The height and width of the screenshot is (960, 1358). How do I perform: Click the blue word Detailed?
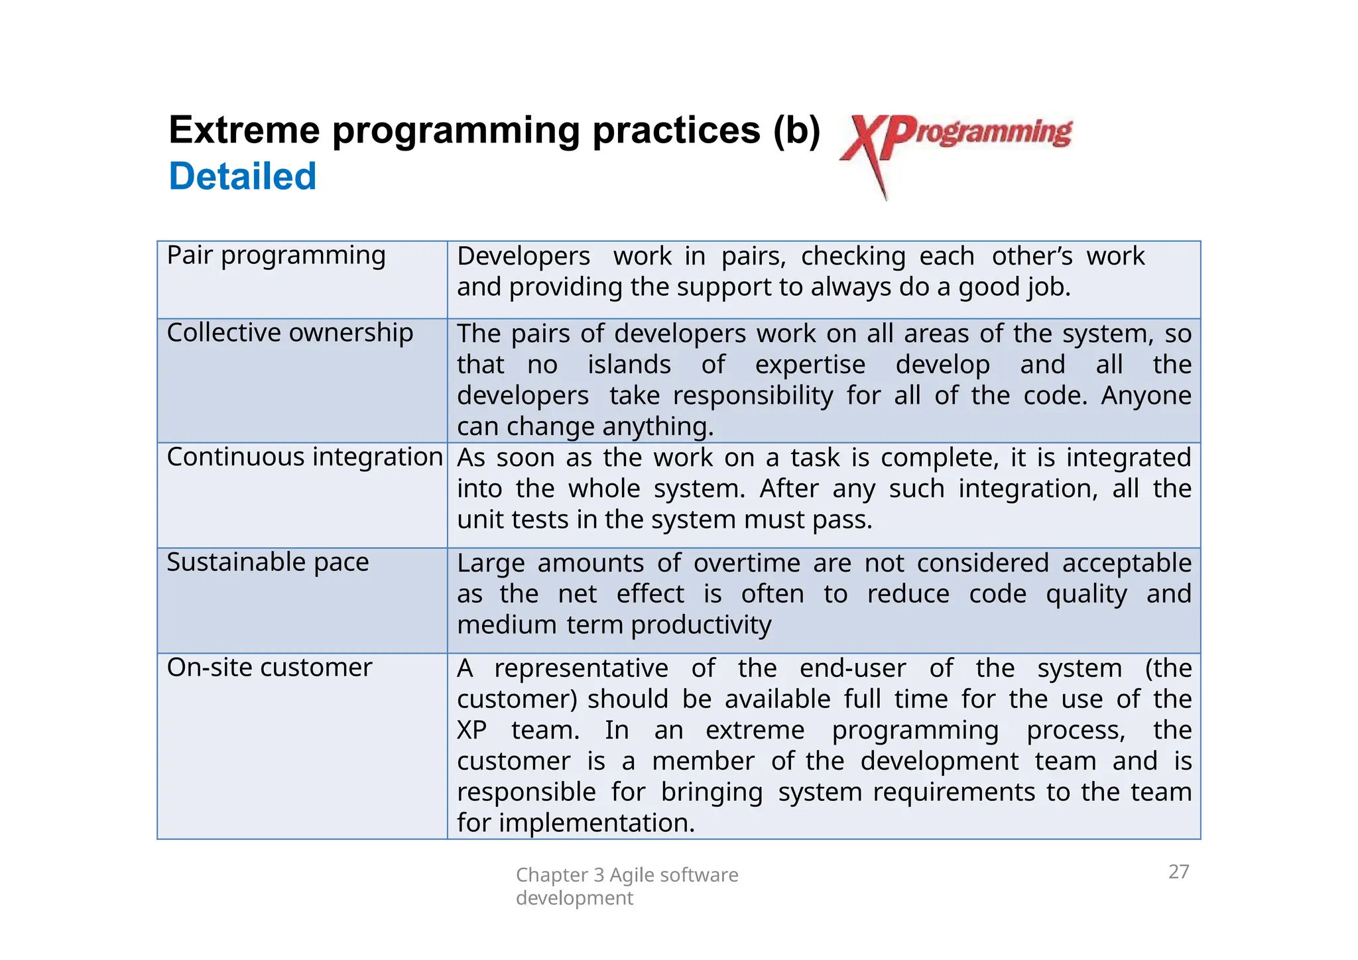pyautogui.click(x=243, y=176)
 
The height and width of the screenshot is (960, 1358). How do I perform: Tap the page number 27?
pyautogui.click(x=1178, y=871)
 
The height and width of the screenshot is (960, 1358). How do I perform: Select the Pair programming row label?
pyautogui.click(x=276, y=255)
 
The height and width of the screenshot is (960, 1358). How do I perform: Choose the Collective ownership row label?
pyautogui.click(x=290, y=333)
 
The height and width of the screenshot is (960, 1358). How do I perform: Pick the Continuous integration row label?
pyautogui.click(x=304, y=457)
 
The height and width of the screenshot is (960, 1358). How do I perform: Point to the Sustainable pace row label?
pyautogui.click(x=267, y=562)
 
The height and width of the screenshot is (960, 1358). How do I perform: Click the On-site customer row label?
pyautogui.click(x=269, y=668)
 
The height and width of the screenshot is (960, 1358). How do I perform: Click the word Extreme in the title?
pyautogui.click(x=245, y=130)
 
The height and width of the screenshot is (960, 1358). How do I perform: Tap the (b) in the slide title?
pyautogui.click(x=796, y=130)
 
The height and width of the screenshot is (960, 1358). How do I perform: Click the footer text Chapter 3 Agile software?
pyautogui.click(x=627, y=875)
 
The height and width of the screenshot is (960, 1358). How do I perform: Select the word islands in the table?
pyautogui.click(x=629, y=365)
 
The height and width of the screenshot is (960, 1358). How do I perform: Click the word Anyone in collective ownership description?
pyautogui.click(x=1146, y=396)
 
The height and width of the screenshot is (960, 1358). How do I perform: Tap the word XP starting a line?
pyautogui.click(x=471, y=731)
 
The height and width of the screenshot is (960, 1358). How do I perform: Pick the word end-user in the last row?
pyautogui.click(x=852, y=668)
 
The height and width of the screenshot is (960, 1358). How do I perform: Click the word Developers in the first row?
pyautogui.click(x=523, y=257)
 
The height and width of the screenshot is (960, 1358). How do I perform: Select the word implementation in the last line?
pyautogui.click(x=596, y=823)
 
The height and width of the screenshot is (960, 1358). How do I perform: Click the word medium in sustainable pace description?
pyautogui.click(x=507, y=625)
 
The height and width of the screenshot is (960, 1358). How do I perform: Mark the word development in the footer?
pyautogui.click(x=574, y=898)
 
